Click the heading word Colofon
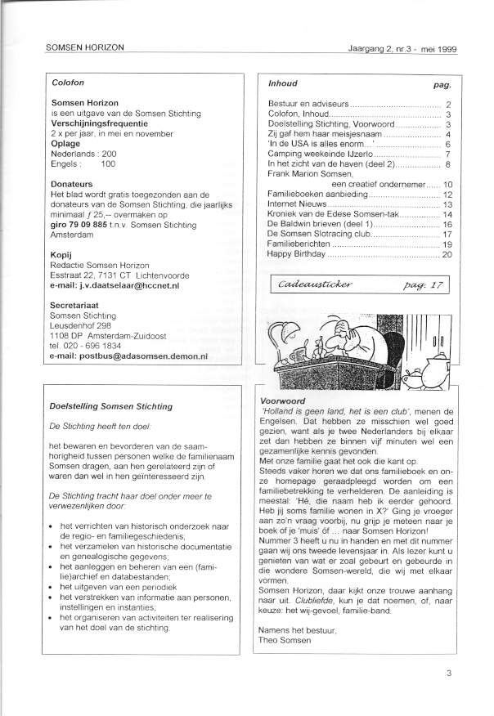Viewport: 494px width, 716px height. click(68, 83)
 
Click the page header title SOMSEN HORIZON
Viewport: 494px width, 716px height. click(85, 47)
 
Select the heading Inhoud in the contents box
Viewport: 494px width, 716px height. click(283, 83)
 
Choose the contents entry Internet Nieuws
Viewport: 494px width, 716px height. click(300, 204)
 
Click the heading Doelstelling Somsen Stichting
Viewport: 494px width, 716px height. click(111, 406)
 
